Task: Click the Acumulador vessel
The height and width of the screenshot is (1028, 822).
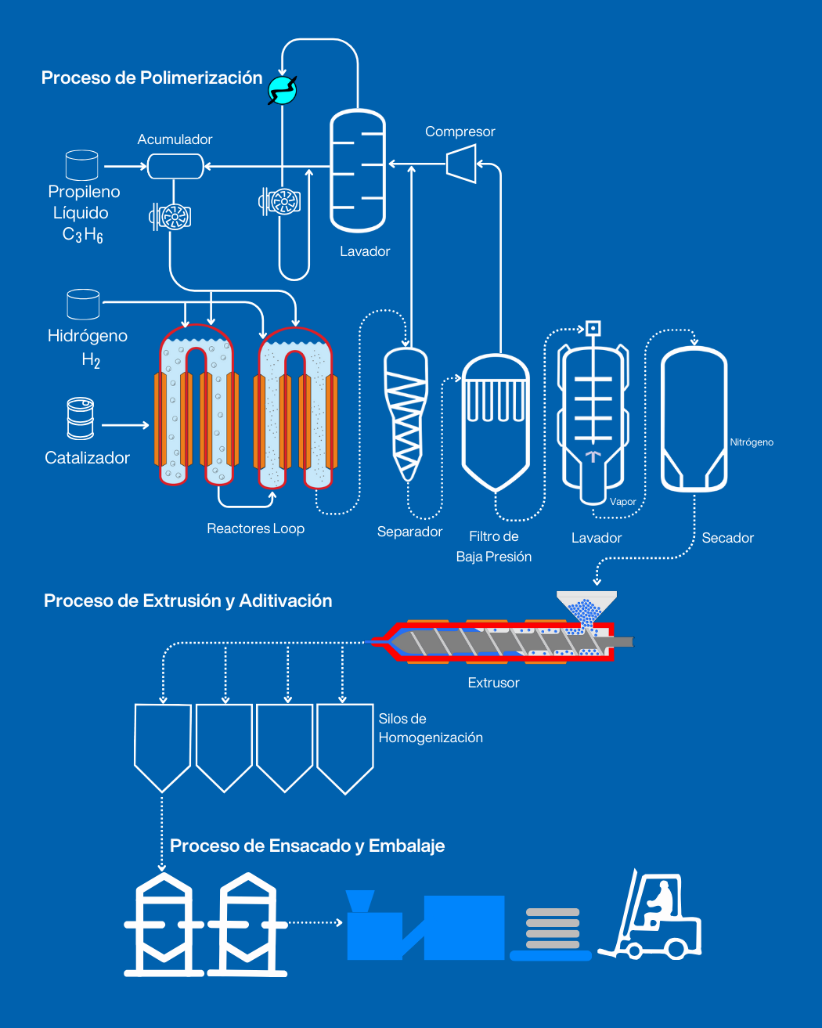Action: pyautogui.click(x=175, y=166)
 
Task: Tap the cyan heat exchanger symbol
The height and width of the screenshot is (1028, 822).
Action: pyautogui.click(x=282, y=90)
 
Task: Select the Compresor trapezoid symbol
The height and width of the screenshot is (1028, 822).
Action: pyautogui.click(x=461, y=164)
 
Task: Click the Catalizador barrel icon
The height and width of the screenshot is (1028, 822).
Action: pyautogui.click(x=80, y=418)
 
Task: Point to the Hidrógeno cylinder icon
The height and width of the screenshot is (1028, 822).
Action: pyautogui.click(x=83, y=305)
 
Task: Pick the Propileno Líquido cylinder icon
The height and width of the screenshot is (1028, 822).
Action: pyautogui.click(x=81, y=165)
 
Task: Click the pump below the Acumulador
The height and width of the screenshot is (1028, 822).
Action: pyautogui.click(x=171, y=216)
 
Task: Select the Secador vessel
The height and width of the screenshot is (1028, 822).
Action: pyautogui.click(x=694, y=419)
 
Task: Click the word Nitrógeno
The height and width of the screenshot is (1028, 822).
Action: pyautogui.click(x=752, y=442)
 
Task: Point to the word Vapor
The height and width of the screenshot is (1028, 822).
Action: pyautogui.click(x=623, y=502)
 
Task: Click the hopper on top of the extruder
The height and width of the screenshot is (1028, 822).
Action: pyautogui.click(x=586, y=608)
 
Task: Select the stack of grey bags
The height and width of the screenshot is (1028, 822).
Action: pyautogui.click(x=553, y=929)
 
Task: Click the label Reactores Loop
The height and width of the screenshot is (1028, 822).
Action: pyautogui.click(x=255, y=528)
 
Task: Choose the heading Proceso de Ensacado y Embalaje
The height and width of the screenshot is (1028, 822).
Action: pyautogui.click(x=307, y=846)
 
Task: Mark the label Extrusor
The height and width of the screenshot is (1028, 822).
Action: pyautogui.click(x=493, y=683)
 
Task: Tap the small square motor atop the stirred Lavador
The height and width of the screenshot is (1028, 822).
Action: pyautogui.click(x=593, y=328)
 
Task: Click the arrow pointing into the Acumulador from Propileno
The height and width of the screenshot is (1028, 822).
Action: pyautogui.click(x=125, y=166)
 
